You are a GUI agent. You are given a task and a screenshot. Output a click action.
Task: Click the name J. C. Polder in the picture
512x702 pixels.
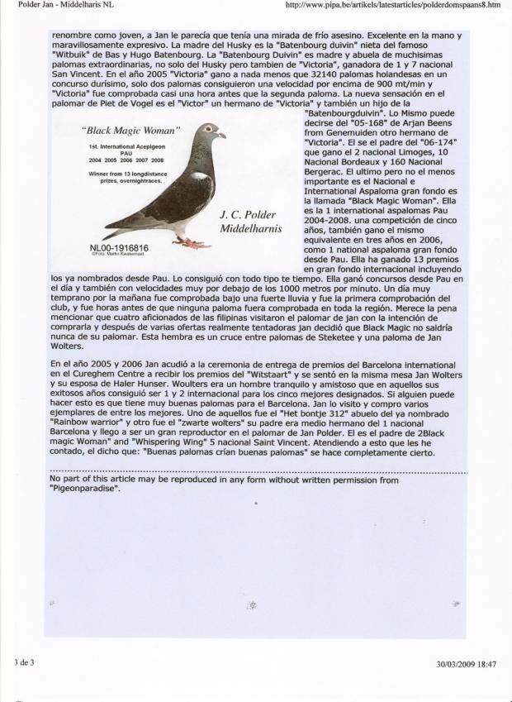click(x=248, y=215)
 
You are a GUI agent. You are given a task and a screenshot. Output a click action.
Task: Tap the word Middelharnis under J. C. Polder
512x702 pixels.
click(x=251, y=227)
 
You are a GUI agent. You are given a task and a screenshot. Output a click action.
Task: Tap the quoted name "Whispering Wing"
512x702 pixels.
click(x=135, y=443)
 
